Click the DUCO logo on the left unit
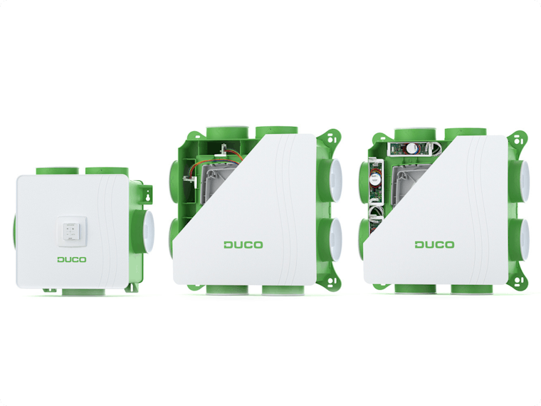point(71,259)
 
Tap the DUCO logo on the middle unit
point(243,245)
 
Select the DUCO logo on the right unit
point(434,244)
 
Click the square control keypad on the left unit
point(71,231)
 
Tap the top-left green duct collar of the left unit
point(58,171)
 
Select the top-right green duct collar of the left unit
point(107,171)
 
